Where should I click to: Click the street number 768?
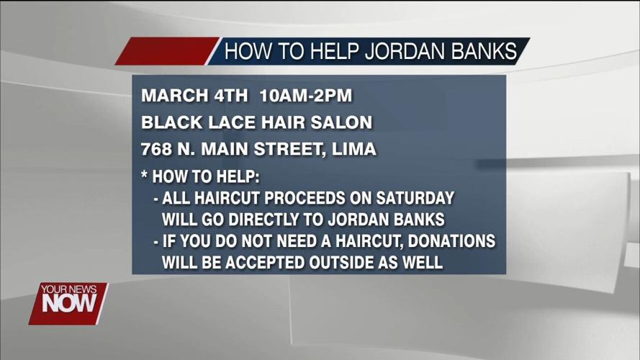click(156, 150)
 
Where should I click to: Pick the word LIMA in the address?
click(354, 150)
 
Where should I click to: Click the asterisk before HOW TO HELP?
click(145, 176)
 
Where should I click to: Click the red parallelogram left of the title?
click(166, 52)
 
